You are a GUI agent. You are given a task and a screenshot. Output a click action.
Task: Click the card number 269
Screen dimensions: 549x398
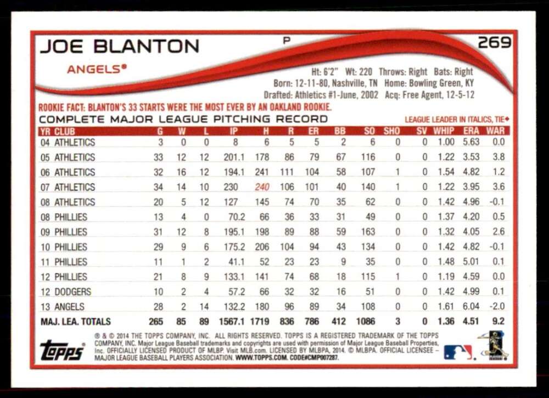[495, 43]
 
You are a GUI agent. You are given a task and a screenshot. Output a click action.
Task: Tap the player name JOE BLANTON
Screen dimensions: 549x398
[120, 47]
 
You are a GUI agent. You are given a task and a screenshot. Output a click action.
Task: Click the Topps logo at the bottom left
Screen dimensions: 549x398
[63, 350]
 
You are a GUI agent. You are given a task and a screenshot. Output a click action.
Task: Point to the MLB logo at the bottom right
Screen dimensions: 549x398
[458, 352]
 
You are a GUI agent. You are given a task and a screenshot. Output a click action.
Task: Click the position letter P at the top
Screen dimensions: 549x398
[287, 41]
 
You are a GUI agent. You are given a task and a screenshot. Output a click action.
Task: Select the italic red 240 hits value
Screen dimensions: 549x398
[262, 187]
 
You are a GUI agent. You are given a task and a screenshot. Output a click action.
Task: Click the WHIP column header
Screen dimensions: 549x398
[444, 131]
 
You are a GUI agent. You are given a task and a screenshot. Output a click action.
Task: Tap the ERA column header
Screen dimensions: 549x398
[471, 131]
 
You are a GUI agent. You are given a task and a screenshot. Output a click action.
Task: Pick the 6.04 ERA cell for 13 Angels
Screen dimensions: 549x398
[471, 306]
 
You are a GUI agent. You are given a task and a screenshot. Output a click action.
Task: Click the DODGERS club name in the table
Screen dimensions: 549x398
[73, 292]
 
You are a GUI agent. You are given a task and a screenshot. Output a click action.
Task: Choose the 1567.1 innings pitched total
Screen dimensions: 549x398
[232, 321]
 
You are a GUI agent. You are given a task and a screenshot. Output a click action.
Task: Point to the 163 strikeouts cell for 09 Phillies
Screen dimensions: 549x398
[368, 232]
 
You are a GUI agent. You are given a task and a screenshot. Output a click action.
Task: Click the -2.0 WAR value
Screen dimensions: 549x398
[497, 306]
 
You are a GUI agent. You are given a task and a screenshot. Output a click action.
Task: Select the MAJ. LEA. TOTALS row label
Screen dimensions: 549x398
[76, 321]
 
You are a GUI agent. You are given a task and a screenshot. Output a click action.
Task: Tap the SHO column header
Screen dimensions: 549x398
[391, 131]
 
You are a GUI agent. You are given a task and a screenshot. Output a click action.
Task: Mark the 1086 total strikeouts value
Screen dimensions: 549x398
[365, 321]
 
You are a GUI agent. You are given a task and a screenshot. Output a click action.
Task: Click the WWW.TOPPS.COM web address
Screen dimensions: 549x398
[261, 358]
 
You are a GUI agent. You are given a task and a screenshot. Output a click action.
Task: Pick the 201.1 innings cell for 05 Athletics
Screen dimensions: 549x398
[234, 157]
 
